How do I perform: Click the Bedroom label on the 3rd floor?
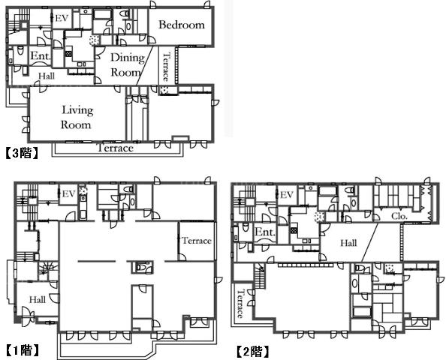(182, 25)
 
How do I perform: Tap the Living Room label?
(77, 117)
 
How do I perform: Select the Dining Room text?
(127, 64)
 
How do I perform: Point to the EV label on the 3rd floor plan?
(62, 19)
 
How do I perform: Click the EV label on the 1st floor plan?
(68, 194)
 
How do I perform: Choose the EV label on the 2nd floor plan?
(287, 195)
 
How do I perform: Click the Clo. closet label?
(399, 216)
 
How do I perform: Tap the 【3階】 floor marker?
(22, 153)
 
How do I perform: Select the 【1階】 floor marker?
(23, 350)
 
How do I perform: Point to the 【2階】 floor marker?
(252, 352)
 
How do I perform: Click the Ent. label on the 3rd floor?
(41, 55)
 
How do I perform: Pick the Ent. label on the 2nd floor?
(265, 232)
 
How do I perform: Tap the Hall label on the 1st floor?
(38, 299)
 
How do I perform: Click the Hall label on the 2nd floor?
(348, 243)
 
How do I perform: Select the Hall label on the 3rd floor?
(47, 76)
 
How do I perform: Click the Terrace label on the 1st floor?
(197, 241)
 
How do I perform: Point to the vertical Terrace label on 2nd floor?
(240, 304)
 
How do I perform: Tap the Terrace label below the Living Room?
(115, 148)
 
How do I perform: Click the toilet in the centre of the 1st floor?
(142, 267)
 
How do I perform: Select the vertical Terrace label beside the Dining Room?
(166, 67)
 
